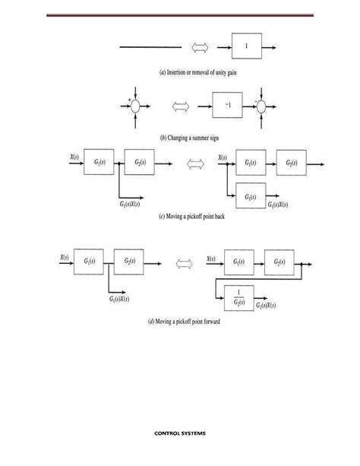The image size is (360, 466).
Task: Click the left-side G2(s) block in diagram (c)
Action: [141, 163]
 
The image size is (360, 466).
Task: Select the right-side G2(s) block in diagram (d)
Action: [279, 264]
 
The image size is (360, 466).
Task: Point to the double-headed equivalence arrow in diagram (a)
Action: [200, 49]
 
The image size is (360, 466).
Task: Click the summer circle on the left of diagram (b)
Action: [135, 107]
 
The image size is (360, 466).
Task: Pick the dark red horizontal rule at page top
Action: [179, 14]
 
